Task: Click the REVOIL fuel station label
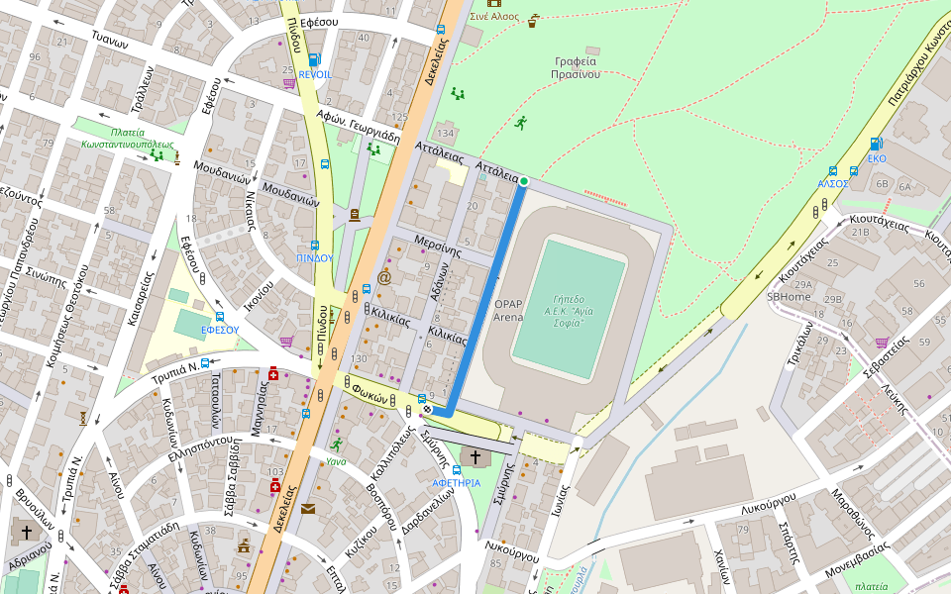point(315,74)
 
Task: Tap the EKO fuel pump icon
point(876,144)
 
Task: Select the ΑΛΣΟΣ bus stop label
point(832,183)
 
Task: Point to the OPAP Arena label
point(508,311)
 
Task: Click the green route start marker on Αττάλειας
point(524,181)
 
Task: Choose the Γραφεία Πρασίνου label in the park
point(576,67)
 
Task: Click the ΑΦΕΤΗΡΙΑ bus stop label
point(456,482)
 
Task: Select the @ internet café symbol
point(384,278)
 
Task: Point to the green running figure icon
point(521,123)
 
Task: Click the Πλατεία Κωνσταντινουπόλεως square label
point(128,138)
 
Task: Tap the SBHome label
point(789,296)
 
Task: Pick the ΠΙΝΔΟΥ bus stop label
point(314,257)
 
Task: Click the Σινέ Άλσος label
point(494,16)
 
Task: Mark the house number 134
point(445,134)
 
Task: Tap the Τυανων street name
point(110,41)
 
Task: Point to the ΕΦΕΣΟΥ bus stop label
point(219,330)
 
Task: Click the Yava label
point(336,460)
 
